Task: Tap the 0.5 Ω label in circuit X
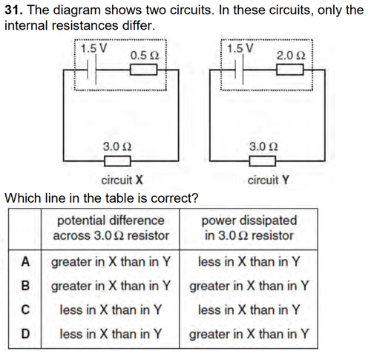pyautogui.click(x=145, y=56)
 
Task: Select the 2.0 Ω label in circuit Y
pyautogui.click(x=291, y=56)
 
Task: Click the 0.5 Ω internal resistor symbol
pyautogui.click(x=143, y=70)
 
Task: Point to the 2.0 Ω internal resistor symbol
pyautogui.click(x=290, y=70)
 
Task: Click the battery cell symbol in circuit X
pyautogui.click(x=91, y=70)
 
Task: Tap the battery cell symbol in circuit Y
pyautogui.click(x=238, y=70)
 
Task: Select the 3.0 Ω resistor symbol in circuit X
pyautogui.click(x=117, y=161)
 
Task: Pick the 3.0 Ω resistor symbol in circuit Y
pyautogui.click(x=263, y=161)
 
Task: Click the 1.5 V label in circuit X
pyautogui.click(x=94, y=48)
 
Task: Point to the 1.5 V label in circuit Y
pyautogui.click(x=240, y=48)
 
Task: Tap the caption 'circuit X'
pyautogui.click(x=122, y=180)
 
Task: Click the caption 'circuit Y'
pyautogui.click(x=269, y=180)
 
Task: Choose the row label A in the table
pyautogui.click(x=25, y=262)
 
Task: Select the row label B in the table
pyautogui.click(x=25, y=286)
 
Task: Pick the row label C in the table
pyautogui.click(x=25, y=310)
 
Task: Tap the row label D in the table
pyautogui.click(x=25, y=333)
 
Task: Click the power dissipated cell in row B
pyautogui.click(x=249, y=286)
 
